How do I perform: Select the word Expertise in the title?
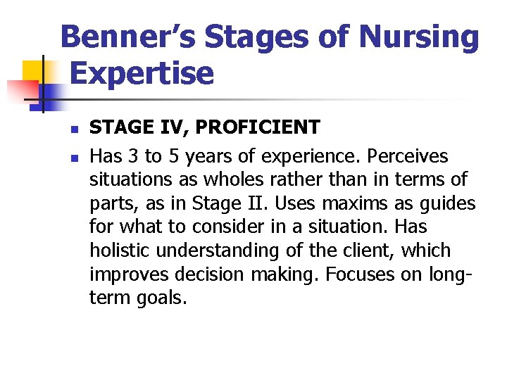142,72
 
